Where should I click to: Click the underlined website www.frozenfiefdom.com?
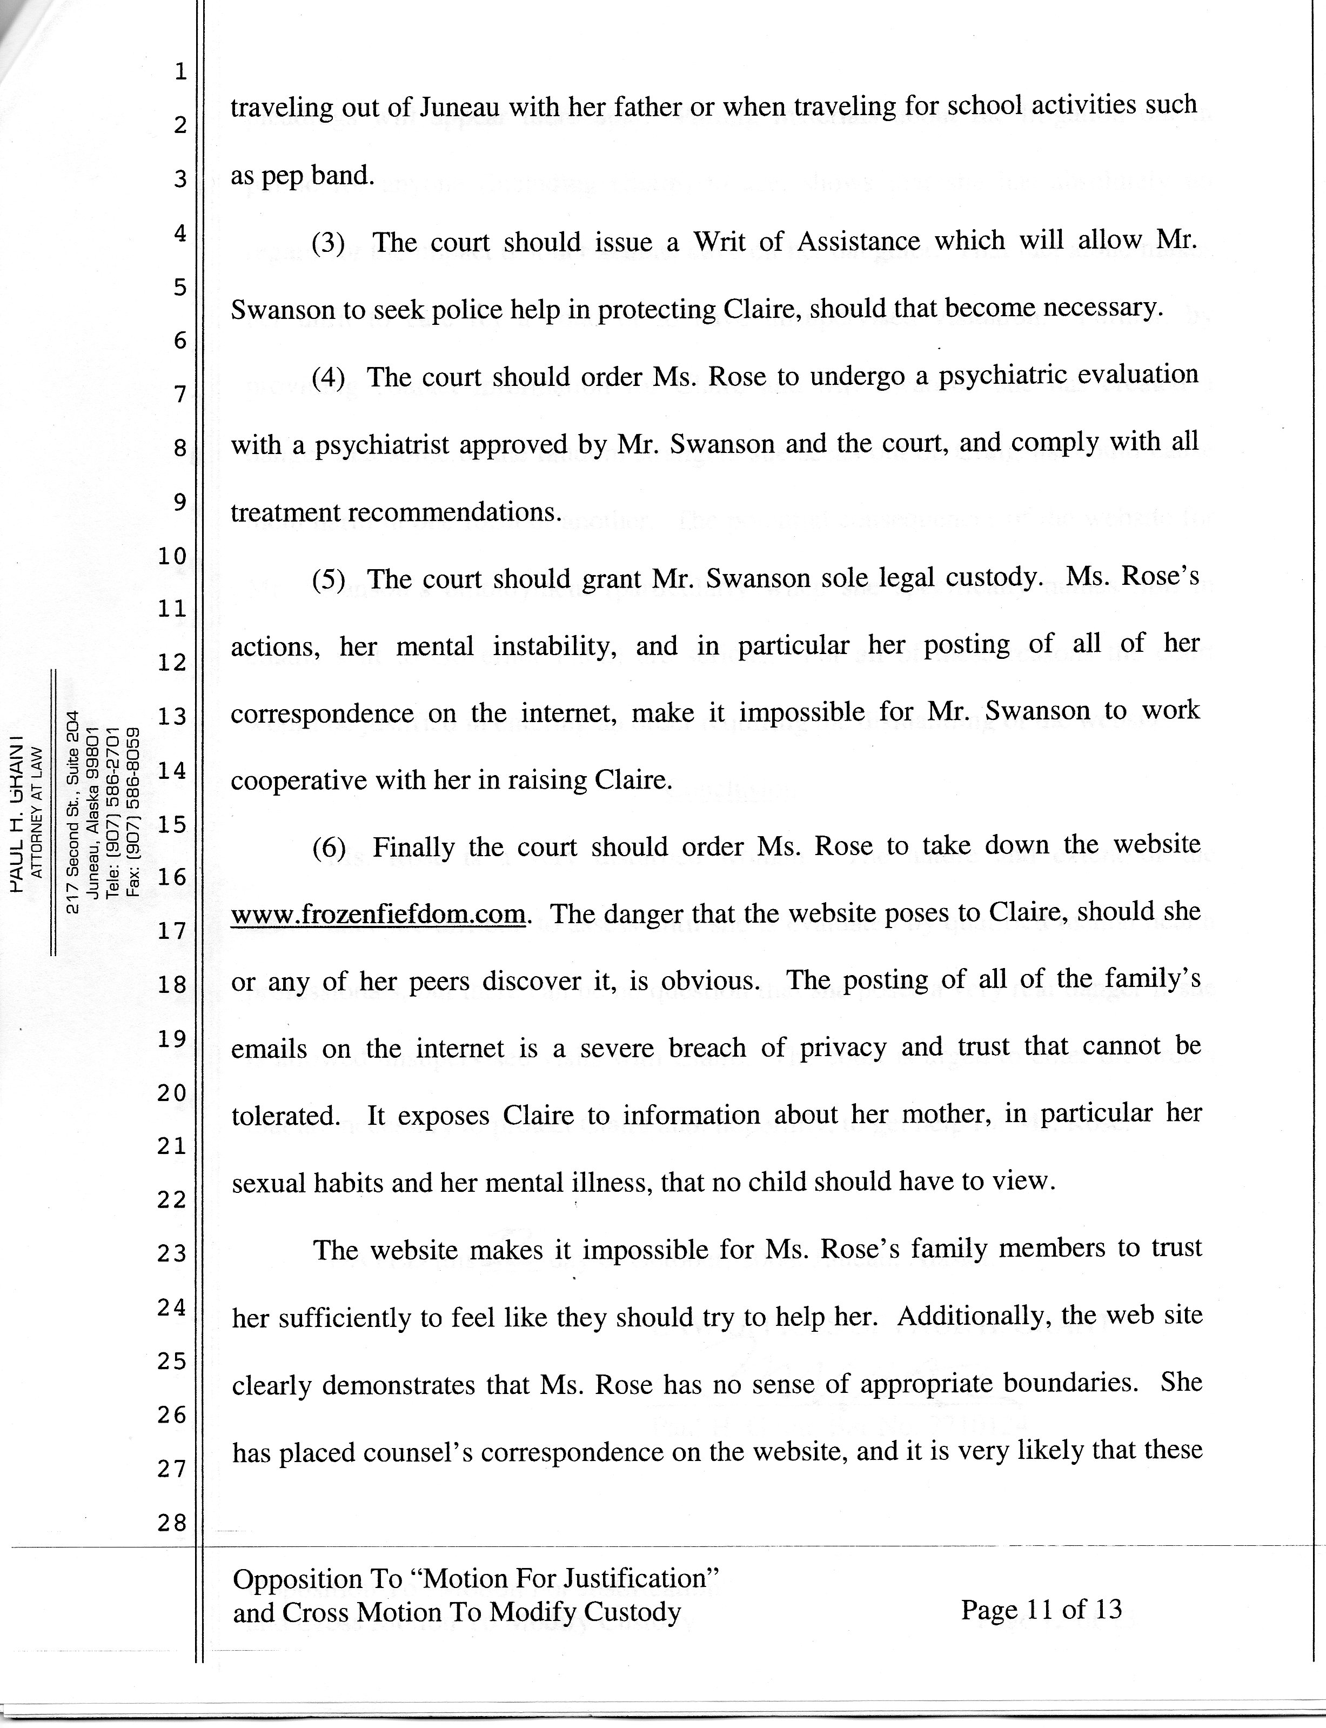tap(378, 914)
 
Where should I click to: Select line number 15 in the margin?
tap(171, 824)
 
